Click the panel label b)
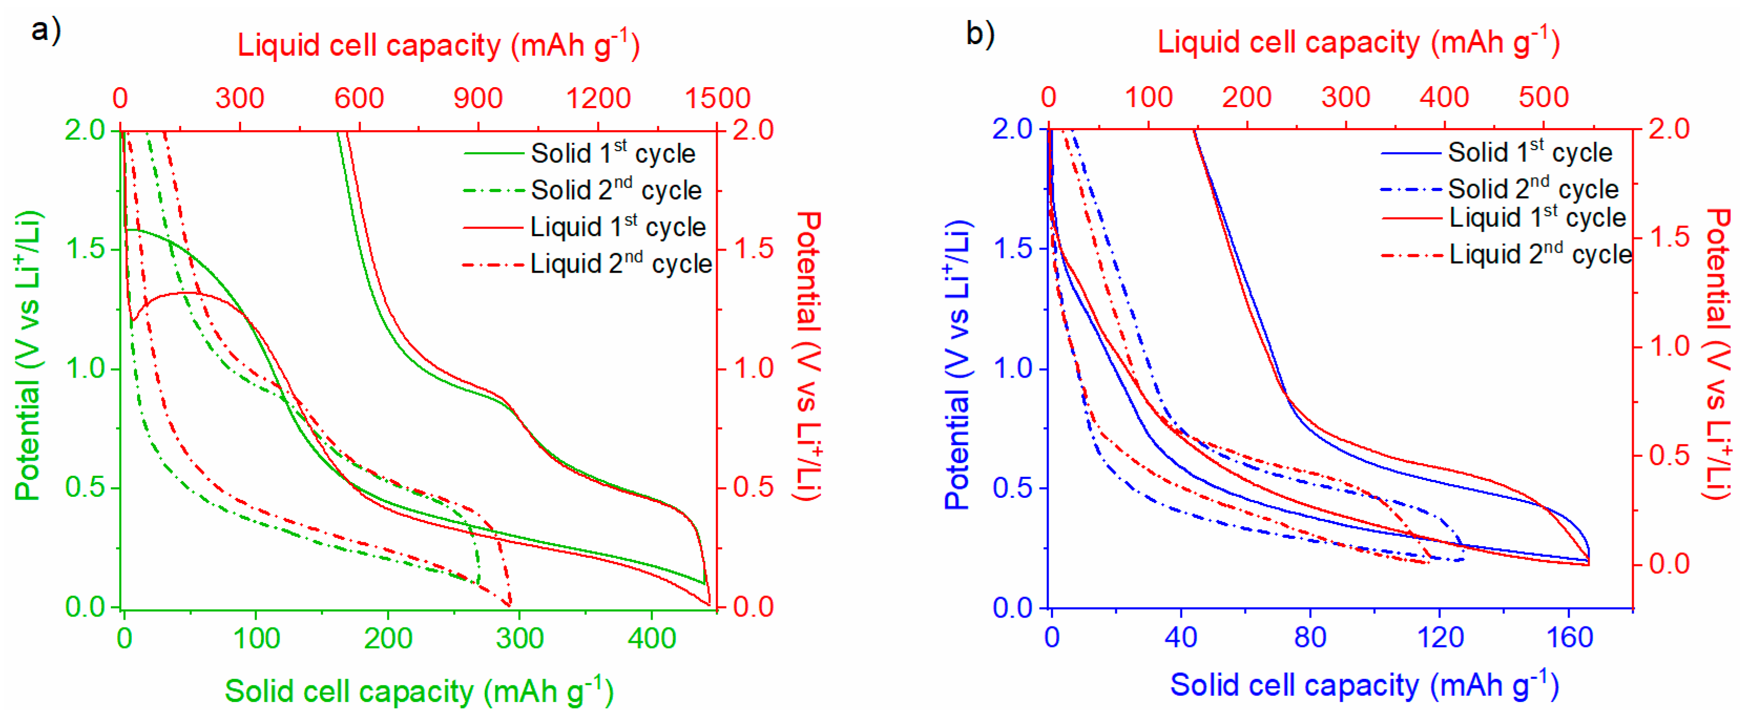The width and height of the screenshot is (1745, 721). point(979,34)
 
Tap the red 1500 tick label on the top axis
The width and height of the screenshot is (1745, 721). point(717,99)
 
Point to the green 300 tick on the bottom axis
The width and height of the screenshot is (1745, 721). point(519,639)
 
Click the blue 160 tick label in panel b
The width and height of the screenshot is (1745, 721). point(1569,638)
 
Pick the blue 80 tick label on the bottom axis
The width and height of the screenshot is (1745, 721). point(1310,638)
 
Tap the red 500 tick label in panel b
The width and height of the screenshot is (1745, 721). point(1543,98)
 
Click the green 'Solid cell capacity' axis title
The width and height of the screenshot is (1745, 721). point(419,691)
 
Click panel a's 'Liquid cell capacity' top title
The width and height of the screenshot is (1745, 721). point(437,45)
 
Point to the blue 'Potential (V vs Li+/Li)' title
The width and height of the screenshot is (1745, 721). point(957,366)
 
